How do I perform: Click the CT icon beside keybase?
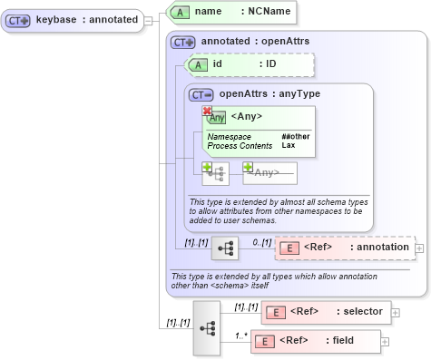(20, 20)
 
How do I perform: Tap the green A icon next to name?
(181, 12)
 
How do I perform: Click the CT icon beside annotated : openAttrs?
(183, 42)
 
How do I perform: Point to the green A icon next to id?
(198, 64)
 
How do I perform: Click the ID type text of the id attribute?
(270, 64)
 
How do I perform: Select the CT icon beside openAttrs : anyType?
(201, 93)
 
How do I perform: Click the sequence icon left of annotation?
(226, 248)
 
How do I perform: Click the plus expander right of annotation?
(418, 248)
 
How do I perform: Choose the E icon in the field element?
(267, 341)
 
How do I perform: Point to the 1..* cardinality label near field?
(241, 334)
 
